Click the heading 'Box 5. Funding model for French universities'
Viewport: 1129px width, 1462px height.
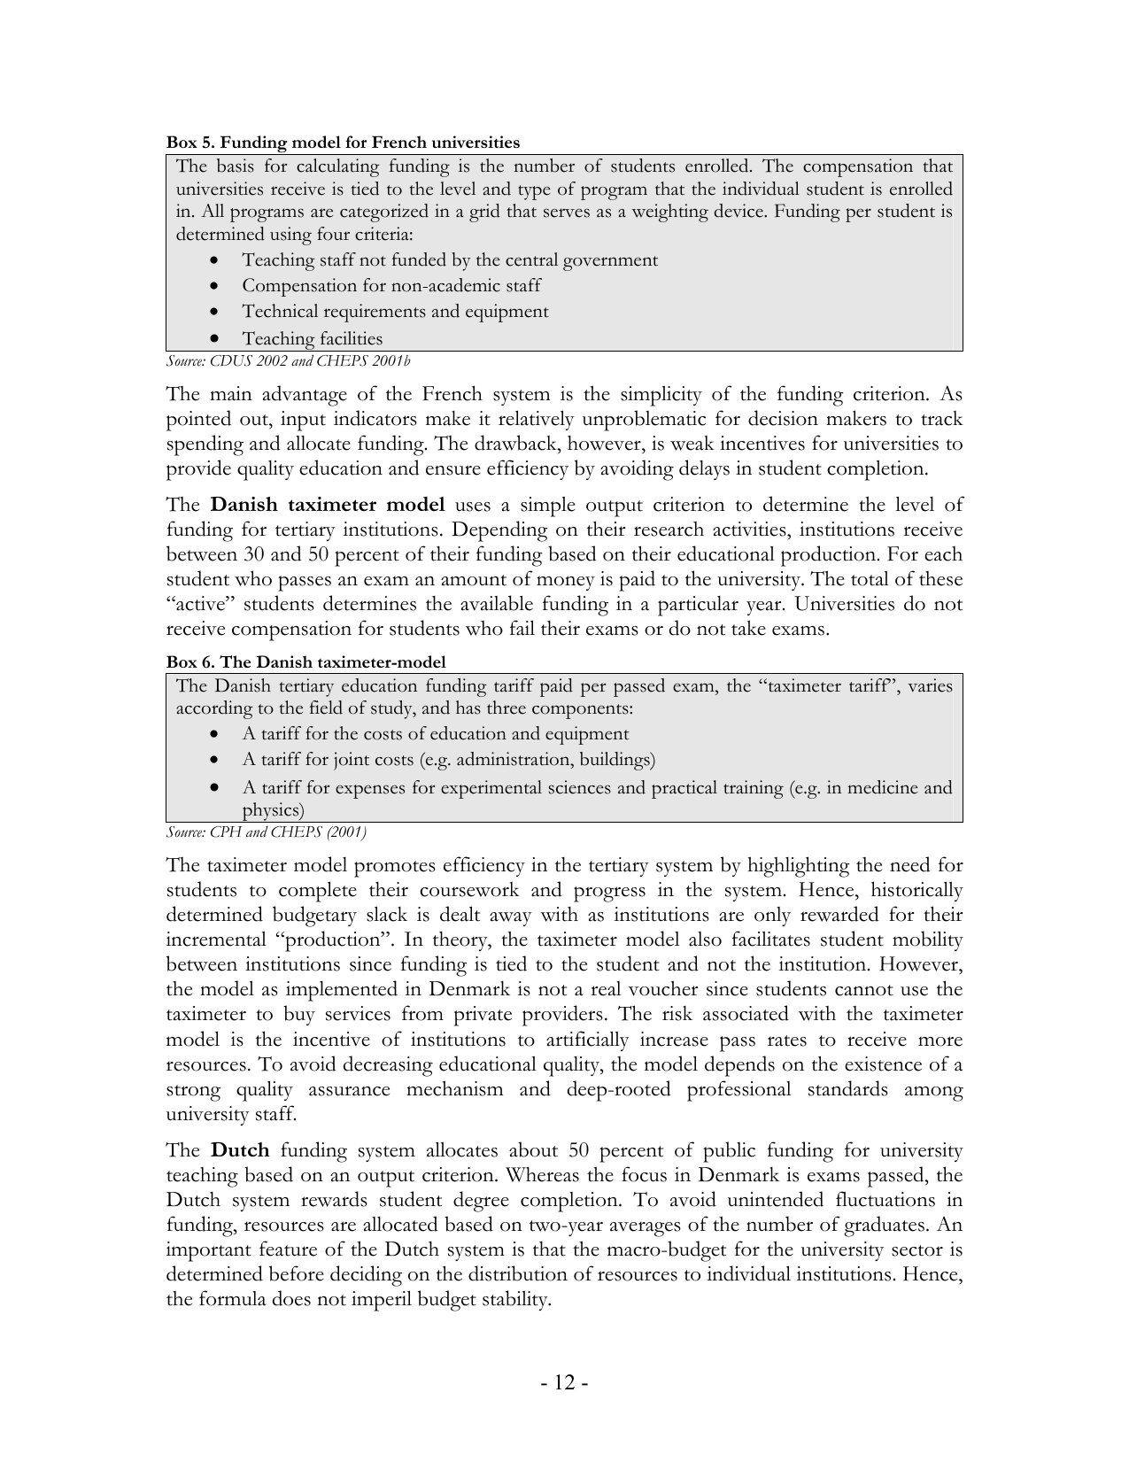[x=343, y=143]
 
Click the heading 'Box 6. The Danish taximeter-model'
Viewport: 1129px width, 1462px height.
[x=305, y=661]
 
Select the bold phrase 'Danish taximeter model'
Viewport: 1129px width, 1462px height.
[x=327, y=506]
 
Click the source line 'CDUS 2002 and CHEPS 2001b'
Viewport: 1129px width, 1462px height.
[x=288, y=360]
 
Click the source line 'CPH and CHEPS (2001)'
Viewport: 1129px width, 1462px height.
[x=266, y=832]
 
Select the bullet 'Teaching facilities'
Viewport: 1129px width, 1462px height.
[x=312, y=338]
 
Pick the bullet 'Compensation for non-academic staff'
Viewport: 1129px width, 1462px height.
[x=391, y=285]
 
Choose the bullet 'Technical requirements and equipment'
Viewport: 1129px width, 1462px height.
[x=395, y=312]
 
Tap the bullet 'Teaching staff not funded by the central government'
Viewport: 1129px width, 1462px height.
[x=449, y=259]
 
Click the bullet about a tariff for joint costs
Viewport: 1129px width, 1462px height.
[x=448, y=759]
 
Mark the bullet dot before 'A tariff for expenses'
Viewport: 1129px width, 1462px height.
[x=215, y=787]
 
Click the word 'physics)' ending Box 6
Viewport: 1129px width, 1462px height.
[x=273, y=809]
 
